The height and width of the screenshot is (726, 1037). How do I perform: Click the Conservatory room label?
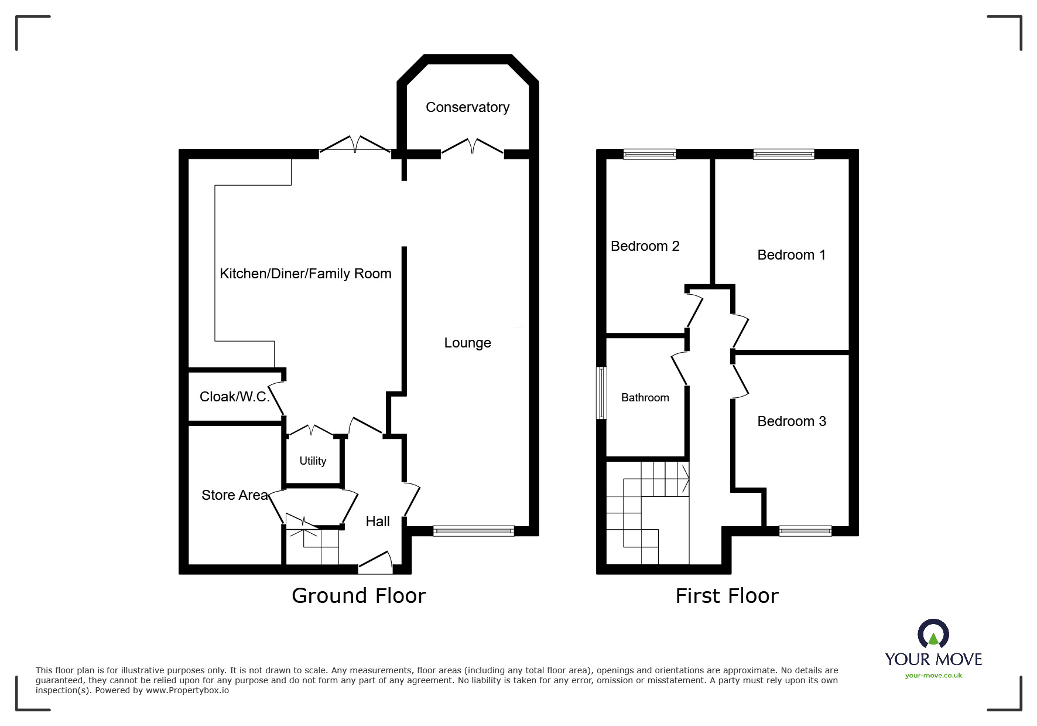pyautogui.click(x=467, y=107)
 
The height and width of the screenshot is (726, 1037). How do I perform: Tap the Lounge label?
pyautogui.click(x=467, y=343)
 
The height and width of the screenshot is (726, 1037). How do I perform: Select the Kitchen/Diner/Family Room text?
pyautogui.click(x=305, y=274)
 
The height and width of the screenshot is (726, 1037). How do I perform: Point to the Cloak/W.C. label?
pyautogui.click(x=235, y=397)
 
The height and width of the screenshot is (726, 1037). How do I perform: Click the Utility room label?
pyautogui.click(x=313, y=461)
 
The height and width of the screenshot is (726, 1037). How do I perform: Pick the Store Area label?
pyautogui.click(x=234, y=495)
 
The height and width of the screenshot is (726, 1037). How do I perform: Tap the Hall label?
pyautogui.click(x=378, y=522)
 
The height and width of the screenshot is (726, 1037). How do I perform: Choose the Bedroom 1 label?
pyautogui.click(x=791, y=255)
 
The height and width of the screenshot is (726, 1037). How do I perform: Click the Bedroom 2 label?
pyautogui.click(x=645, y=246)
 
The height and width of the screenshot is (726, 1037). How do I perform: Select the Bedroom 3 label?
pyautogui.click(x=791, y=421)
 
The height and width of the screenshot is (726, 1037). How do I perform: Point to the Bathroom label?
pyautogui.click(x=645, y=398)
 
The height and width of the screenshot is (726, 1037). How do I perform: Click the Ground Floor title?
pyautogui.click(x=358, y=595)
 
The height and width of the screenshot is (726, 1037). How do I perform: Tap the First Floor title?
pyautogui.click(x=727, y=596)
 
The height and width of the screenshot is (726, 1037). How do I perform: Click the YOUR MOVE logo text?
pyautogui.click(x=933, y=659)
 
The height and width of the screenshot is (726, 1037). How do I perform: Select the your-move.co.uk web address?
pyautogui.click(x=933, y=676)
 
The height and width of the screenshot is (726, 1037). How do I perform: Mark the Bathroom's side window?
pyautogui.click(x=601, y=393)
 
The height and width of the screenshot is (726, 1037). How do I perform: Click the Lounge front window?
pyautogui.click(x=474, y=531)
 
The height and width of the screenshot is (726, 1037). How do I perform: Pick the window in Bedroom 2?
pyautogui.click(x=649, y=155)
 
